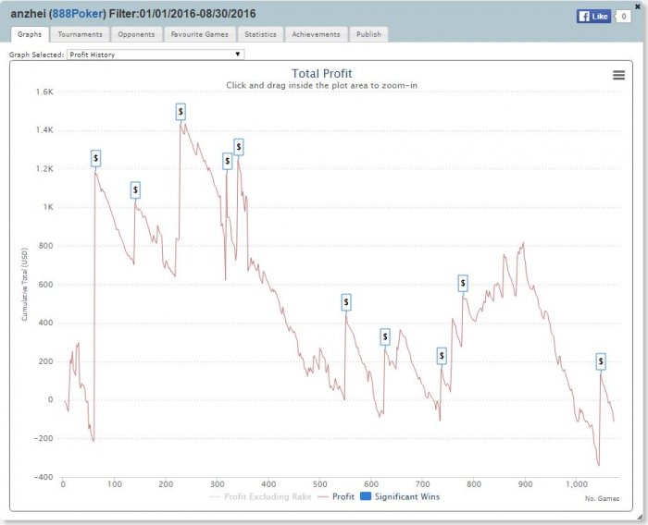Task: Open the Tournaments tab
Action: pos(80,34)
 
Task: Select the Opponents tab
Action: pos(136,34)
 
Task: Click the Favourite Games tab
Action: pos(200,34)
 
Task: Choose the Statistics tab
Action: pos(260,34)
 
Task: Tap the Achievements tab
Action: pos(316,34)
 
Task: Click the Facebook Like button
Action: pos(593,16)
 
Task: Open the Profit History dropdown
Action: pos(155,55)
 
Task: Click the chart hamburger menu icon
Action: pos(618,76)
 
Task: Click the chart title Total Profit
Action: pos(321,74)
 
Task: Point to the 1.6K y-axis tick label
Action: pos(44,92)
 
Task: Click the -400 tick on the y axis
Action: pos(43,477)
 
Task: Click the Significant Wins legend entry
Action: pos(399,496)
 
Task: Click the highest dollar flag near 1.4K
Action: pos(181,112)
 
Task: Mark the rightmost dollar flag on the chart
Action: pos(601,360)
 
